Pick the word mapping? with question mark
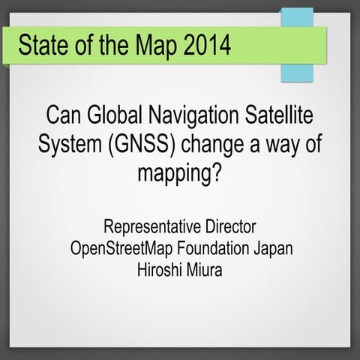coord(180,174)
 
